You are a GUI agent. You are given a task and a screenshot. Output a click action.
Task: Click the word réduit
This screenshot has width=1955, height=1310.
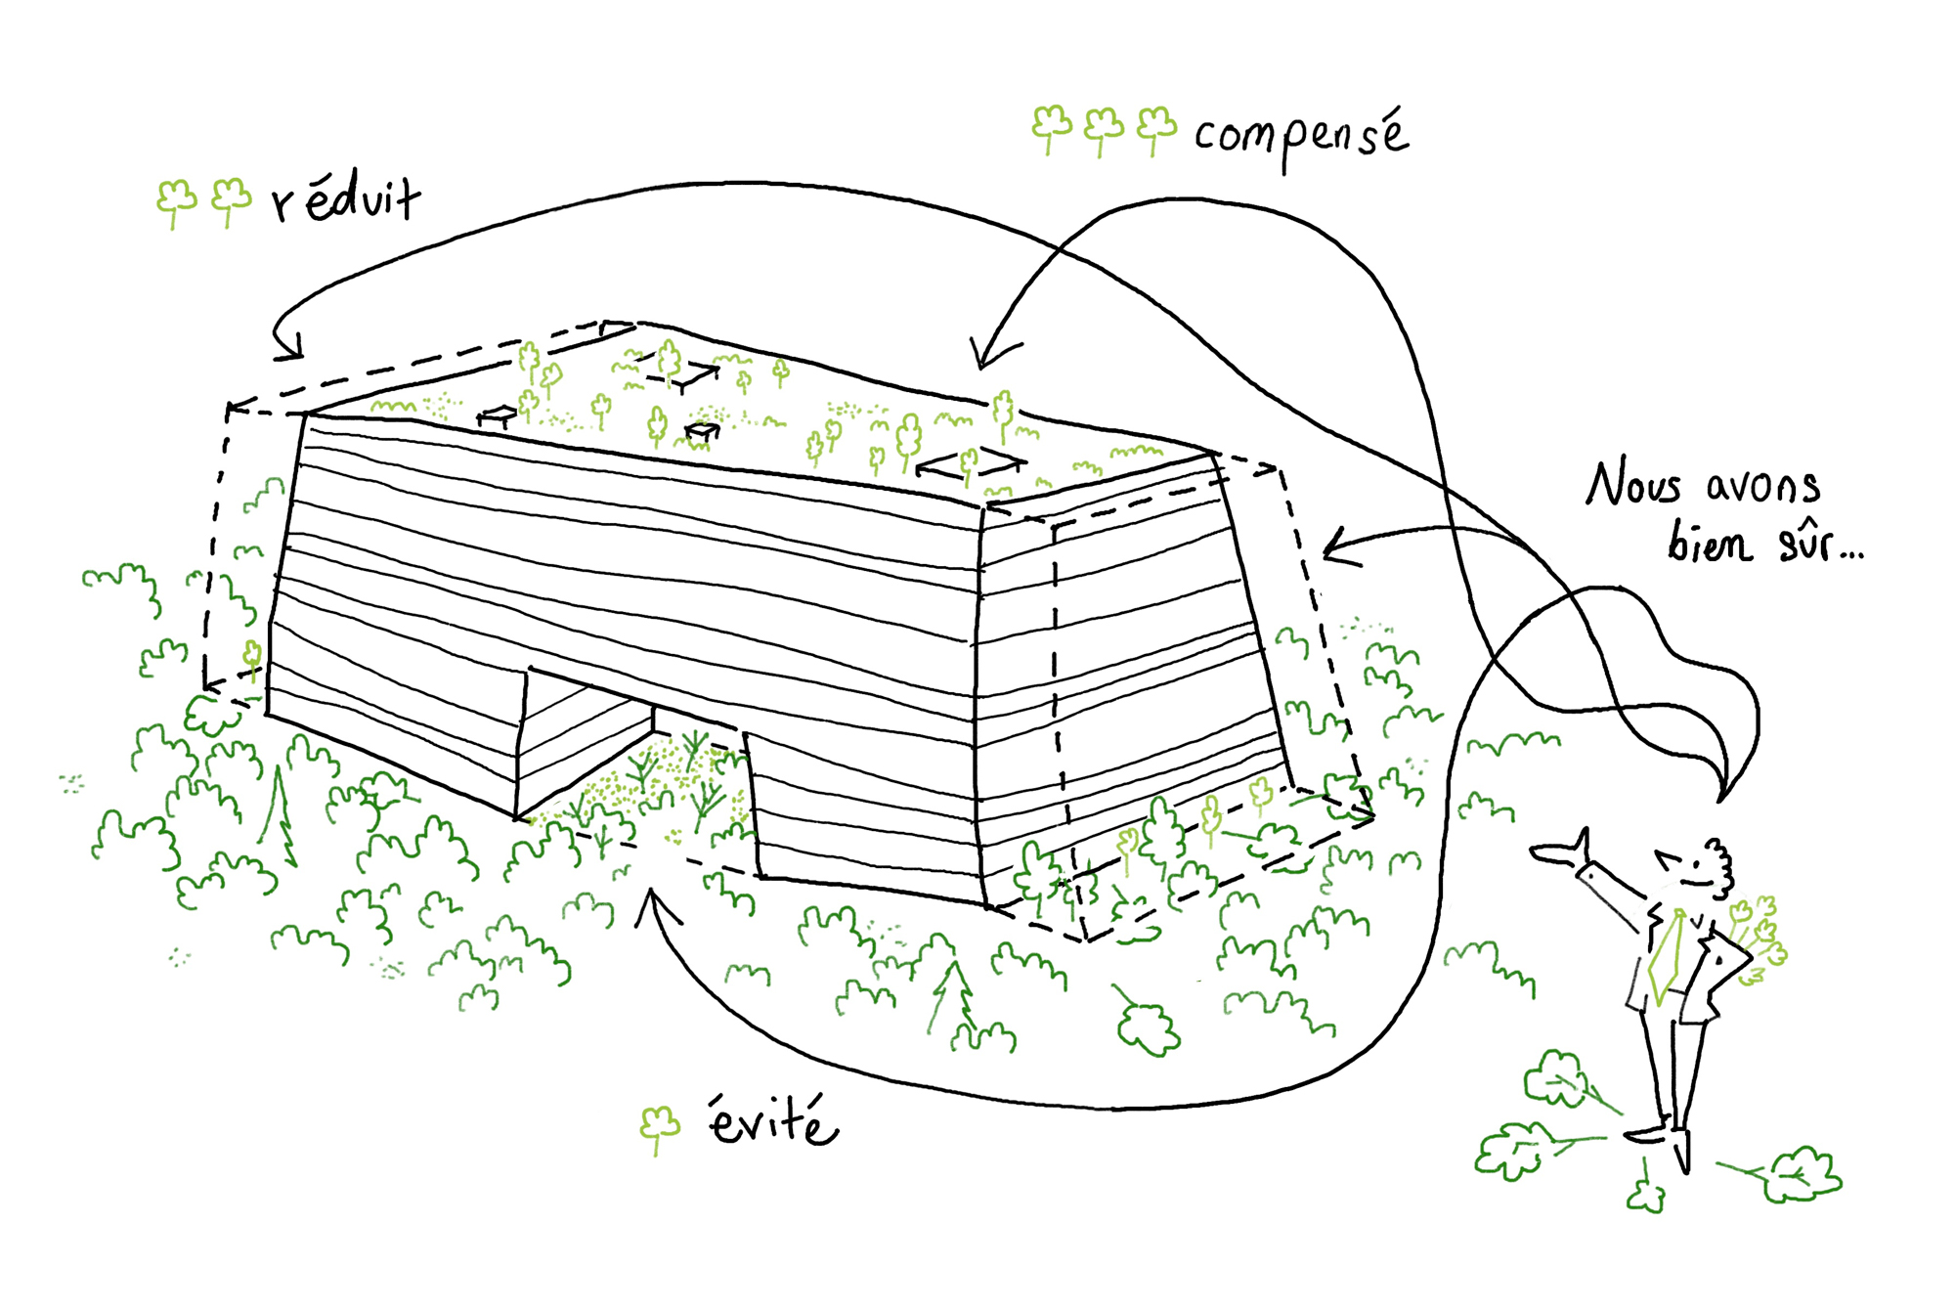347,199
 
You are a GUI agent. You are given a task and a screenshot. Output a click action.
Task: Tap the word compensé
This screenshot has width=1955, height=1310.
1301,138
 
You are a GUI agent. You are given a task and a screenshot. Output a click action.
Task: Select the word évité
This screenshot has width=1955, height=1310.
773,1121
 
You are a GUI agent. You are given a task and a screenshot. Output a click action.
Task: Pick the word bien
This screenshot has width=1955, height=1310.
1709,544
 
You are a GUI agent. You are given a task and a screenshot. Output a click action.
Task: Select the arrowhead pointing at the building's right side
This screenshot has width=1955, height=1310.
1333,547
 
